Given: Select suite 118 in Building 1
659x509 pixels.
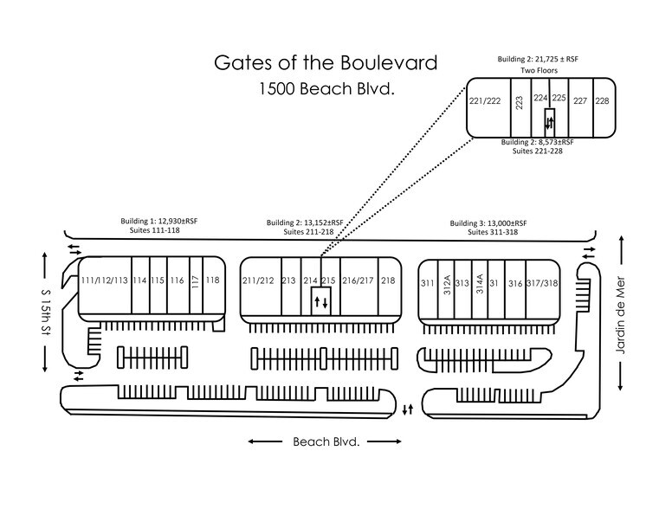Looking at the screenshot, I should coord(213,280).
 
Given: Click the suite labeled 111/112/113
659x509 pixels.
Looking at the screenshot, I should coord(104,280).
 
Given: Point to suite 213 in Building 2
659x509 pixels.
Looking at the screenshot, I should coord(289,280).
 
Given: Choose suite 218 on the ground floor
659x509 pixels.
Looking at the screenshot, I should coord(387,280).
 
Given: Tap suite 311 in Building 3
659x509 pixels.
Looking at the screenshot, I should coord(427,283).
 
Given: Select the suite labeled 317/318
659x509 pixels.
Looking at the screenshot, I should coord(541,283).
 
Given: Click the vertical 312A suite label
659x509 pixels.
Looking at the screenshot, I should coord(447,285).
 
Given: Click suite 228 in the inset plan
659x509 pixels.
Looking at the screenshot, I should coord(602,101).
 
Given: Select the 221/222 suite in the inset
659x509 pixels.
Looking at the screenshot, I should coord(485,101).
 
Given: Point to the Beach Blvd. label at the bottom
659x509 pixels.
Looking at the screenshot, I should coord(325,441).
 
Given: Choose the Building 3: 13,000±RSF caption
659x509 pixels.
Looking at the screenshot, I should coord(488,222).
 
